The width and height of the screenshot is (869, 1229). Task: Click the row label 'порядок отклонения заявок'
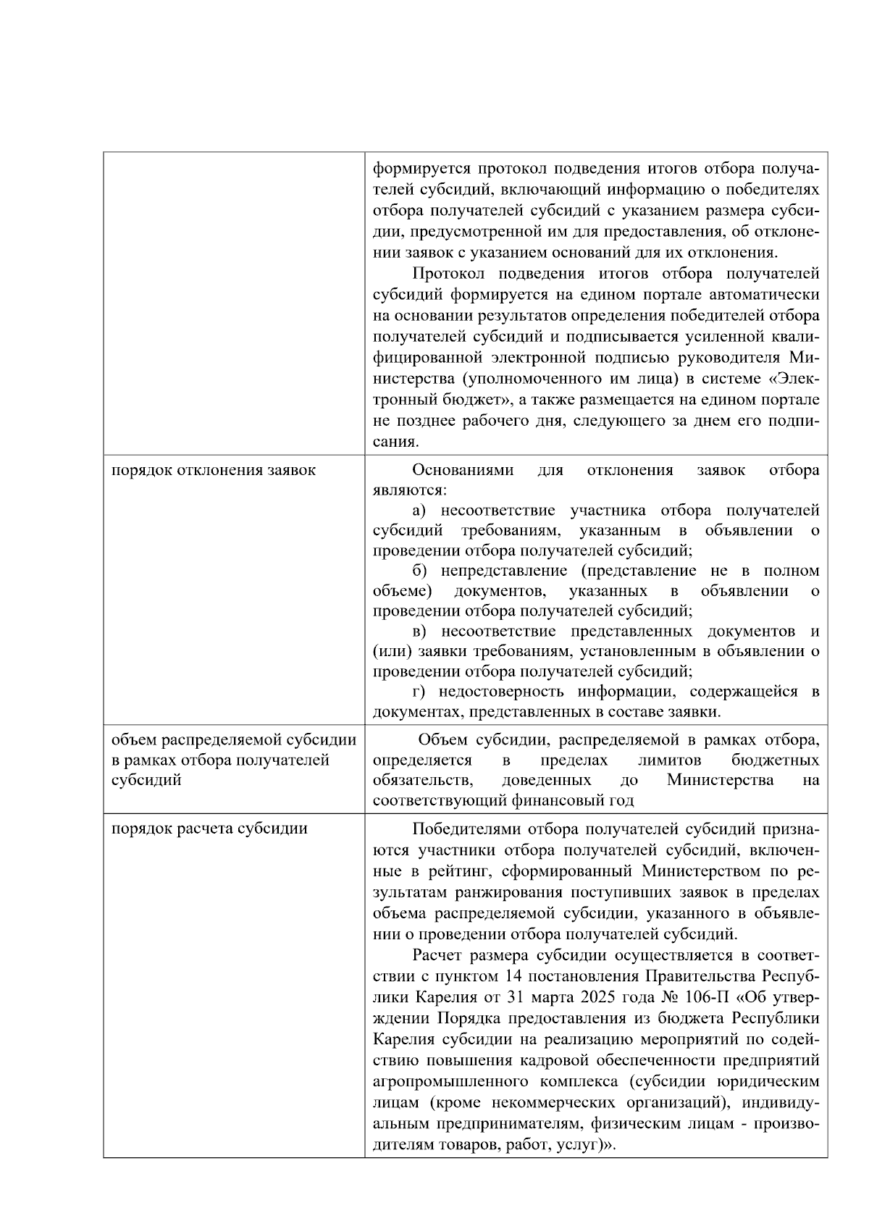(x=214, y=470)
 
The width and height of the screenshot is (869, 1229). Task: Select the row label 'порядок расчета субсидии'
(x=209, y=829)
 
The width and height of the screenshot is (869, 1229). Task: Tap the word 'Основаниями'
(x=463, y=470)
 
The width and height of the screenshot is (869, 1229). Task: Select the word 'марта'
(x=553, y=997)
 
